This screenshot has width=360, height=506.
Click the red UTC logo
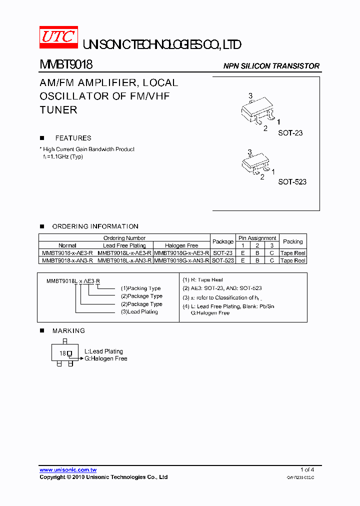[58, 38]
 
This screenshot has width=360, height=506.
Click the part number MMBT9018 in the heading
[66, 65]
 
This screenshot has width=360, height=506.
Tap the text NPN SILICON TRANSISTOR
[271, 66]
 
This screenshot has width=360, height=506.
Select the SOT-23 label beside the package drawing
[290, 133]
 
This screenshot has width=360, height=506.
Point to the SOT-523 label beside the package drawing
[292, 182]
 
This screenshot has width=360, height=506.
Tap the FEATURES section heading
[73, 138]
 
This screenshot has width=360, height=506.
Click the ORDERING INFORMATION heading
[95, 226]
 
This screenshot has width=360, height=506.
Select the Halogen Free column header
[181, 245]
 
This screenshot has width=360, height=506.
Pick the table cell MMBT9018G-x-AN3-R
[181, 260]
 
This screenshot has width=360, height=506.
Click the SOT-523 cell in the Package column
[222, 260]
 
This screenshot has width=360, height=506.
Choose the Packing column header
[292, 241]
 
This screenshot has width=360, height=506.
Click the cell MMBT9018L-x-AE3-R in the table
[124, 253]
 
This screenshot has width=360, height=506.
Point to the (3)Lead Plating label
[139, 311]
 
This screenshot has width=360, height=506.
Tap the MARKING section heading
[68, 330]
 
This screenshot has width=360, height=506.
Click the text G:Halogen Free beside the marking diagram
[105, 358]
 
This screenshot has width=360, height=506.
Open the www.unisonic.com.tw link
[68, 470]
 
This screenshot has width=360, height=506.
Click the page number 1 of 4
[307, 469]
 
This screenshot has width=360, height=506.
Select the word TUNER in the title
[58, 109]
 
